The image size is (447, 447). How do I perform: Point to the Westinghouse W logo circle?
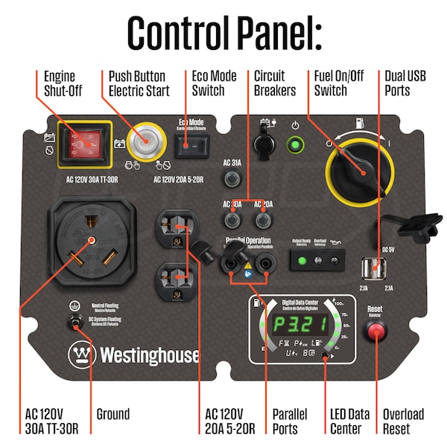click(x=80, y=355)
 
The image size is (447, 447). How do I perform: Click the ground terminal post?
click(x=75, y=322)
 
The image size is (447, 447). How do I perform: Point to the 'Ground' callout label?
click(x=113, y=414)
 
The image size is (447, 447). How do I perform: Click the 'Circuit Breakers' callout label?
click(x=275, y=83)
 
